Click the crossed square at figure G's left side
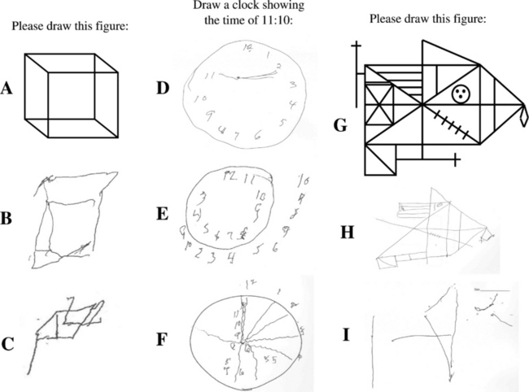[x=379, y=106]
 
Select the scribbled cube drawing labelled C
[x=65, y=325]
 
